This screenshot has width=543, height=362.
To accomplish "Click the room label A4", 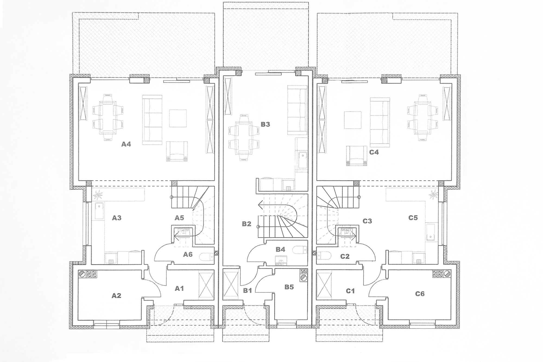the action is (126, 144).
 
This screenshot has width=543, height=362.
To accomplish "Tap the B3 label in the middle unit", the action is (265, 124).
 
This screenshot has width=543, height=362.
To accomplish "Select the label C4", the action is (374, 152).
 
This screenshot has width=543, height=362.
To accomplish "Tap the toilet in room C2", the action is (324, 256).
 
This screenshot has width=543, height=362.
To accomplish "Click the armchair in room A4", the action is (177, 151).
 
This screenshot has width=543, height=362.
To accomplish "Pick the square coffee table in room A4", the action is (178, 118).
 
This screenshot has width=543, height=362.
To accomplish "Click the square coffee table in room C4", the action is (352, 120).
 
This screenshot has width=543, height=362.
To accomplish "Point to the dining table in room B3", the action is (244, 138).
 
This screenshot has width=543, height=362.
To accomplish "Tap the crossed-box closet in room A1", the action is (206, 285).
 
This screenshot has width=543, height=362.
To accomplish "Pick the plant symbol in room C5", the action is (433, 195).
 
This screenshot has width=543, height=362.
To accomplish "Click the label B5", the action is (289, 287).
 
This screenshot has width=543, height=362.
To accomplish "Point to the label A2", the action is (116, 295).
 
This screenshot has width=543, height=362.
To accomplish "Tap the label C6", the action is (420, 294).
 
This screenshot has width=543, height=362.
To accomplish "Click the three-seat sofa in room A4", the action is (152, 120).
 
